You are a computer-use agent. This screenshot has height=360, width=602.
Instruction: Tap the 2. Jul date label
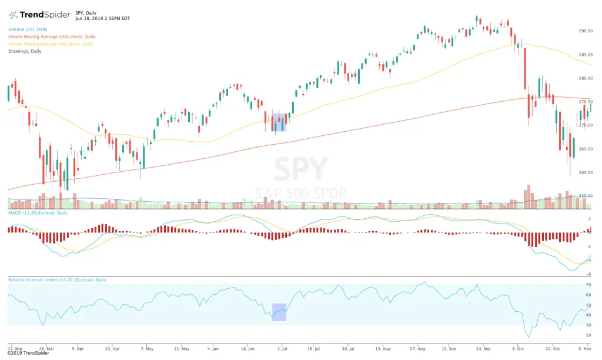(x=282, y=348)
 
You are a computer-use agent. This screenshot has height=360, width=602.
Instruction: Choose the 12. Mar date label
(x=15, y=348)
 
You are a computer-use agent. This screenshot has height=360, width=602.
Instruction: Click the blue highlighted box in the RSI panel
(x=279, y=312)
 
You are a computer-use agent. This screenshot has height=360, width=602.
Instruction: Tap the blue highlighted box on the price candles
(x=279, y=122)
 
